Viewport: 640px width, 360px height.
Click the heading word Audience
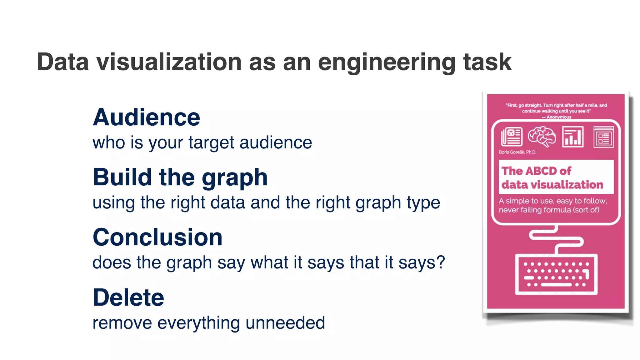146,117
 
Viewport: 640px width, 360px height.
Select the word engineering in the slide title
387,62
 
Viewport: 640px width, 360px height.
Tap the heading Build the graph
180,177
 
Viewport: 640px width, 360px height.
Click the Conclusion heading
157,237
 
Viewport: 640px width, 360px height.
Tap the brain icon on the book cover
542,137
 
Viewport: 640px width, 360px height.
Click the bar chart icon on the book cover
572,137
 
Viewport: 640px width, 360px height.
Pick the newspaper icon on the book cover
512,137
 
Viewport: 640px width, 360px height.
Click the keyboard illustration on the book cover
556,274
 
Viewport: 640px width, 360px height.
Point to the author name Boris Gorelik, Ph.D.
517,152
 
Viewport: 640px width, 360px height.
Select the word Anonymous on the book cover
559,117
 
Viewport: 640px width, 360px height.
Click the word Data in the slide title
63,62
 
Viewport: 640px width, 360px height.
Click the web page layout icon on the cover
603,137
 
